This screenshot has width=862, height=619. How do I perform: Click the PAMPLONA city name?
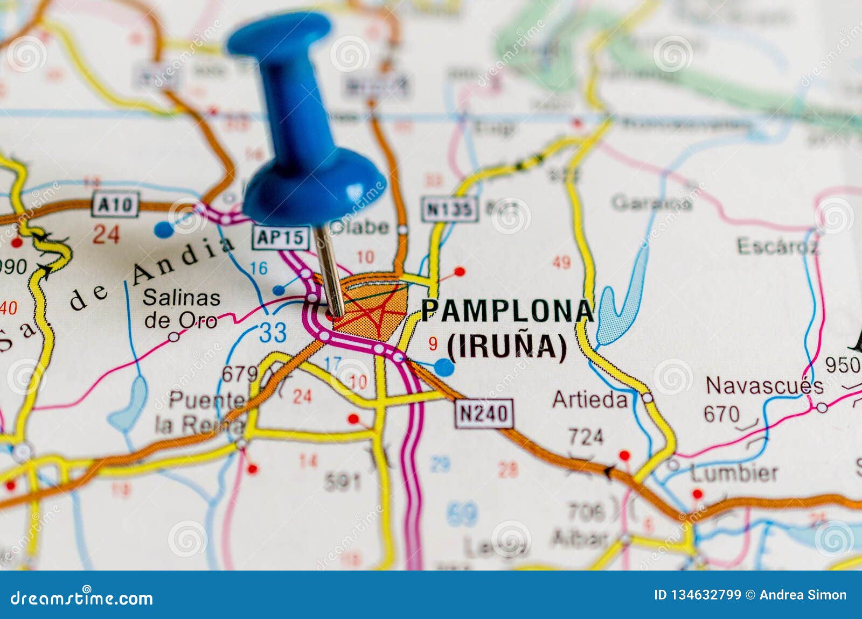[x=506, y=311]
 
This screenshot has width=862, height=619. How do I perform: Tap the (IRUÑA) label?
[x=507, y=346]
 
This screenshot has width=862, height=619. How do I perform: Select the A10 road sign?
[x=116, y=204]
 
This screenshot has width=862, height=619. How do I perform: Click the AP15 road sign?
[x=281, y=237]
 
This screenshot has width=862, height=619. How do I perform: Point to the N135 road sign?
[x=450, y=209]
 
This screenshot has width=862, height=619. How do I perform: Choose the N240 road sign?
[x=484, y=414]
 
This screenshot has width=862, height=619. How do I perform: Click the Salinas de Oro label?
[x=181, y=308]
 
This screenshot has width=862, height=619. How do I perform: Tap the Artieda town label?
[x=590, y=399]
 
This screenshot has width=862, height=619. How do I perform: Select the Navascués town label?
[x=764, y=386]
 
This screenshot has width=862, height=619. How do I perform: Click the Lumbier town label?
[x=734, y=473]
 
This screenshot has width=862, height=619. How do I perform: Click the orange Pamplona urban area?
[x=372, y=307]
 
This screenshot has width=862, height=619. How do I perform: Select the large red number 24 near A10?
[x=106, y=234]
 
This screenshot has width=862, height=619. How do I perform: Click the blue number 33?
[x=273, y=333]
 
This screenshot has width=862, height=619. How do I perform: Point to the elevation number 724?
[x=586, y=437]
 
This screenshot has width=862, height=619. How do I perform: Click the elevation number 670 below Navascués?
[x=721, y=414]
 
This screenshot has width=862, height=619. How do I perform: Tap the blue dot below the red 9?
[x=444, y=367]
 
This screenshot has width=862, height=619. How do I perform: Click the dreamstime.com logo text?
[x=82, y=598]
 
